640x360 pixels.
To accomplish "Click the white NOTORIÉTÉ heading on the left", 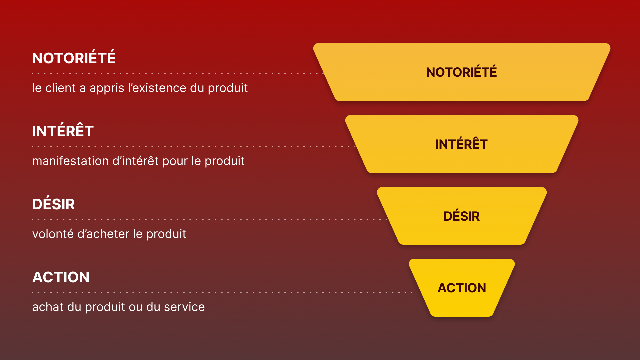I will click(74, 58).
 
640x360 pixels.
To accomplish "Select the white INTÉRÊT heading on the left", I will click(63, 131).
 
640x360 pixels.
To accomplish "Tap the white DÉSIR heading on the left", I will click(53, 204).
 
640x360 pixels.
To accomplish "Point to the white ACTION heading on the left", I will click(61, 277).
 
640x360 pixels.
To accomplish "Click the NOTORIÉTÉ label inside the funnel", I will click(461, 72).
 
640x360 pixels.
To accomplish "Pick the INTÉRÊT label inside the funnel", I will click(461, 144).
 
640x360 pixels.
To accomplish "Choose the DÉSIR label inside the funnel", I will click(461, 216).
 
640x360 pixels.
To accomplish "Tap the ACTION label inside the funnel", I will click(462, 288).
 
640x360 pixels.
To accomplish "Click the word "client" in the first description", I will click(60, 88).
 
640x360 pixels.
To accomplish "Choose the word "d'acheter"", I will click(103, 234).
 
